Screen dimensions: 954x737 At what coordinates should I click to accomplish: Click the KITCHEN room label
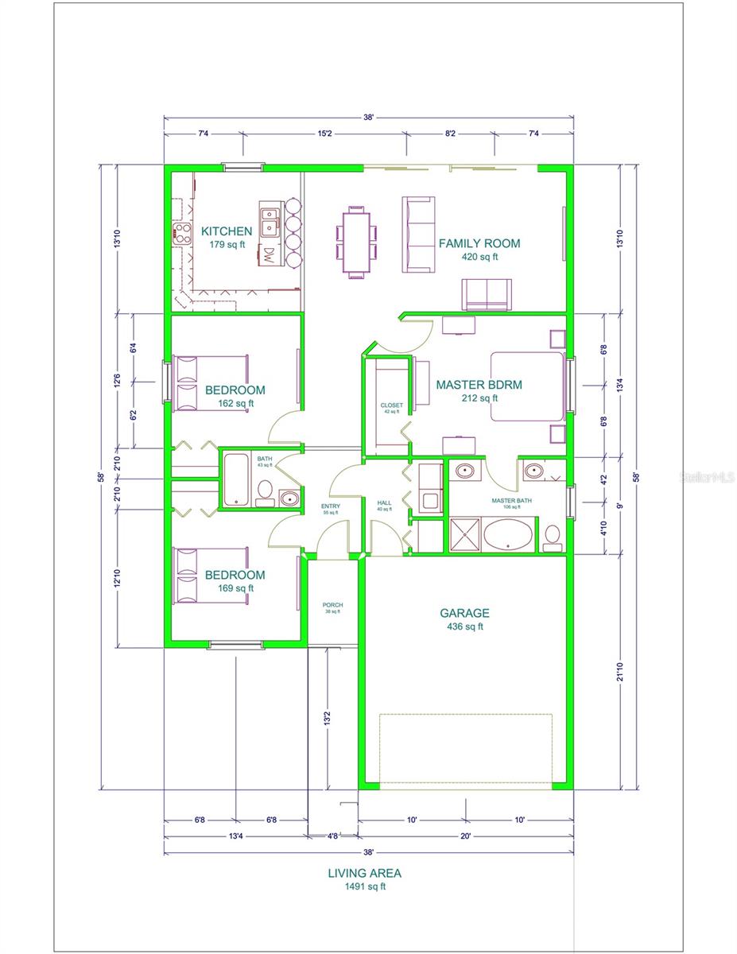pyautogui.click(x=227, y=231)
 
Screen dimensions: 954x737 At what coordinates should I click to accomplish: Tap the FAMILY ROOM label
pyautogui.click(x=479, y=243)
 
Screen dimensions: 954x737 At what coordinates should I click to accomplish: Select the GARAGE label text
pyautogui.click(x=465, y=613)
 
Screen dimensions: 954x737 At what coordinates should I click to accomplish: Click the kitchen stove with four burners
pyautogui.click(x=182, y=233)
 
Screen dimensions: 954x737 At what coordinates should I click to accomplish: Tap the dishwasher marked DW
pyautogui.click(x=269, y=256)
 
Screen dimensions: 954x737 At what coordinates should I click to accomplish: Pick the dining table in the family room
pyautogui.click(x=356, y=241)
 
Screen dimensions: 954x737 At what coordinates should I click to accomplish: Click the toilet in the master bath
pyautogui.click(x=551, y=538)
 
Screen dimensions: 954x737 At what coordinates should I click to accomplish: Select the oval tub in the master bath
pyautogui.click(x=510, y=534)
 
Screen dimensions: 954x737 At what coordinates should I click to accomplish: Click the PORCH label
pyautogui.click(x=332, y=605)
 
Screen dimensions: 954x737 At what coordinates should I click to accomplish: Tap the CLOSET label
pyautogui.click(x=392, y=405)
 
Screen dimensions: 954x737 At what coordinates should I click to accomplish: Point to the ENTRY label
pyautogui.click(x=330, y=506)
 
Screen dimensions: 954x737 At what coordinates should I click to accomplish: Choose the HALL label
pyautogui.click(x=385, y=502)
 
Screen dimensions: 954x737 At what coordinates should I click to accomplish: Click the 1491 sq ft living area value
pyautogui.click(x=364, y=886)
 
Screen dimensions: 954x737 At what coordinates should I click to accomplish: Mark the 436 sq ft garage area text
pyautogui.click(x=465, y=626)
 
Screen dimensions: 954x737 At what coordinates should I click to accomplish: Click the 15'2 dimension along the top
pyautogui.click(x=324, y=134)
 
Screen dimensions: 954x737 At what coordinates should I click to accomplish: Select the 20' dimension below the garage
pyautogui.click(x=465, y=836)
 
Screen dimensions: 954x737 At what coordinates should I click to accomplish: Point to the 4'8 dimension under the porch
pyautogui.click(x=332, y=836)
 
